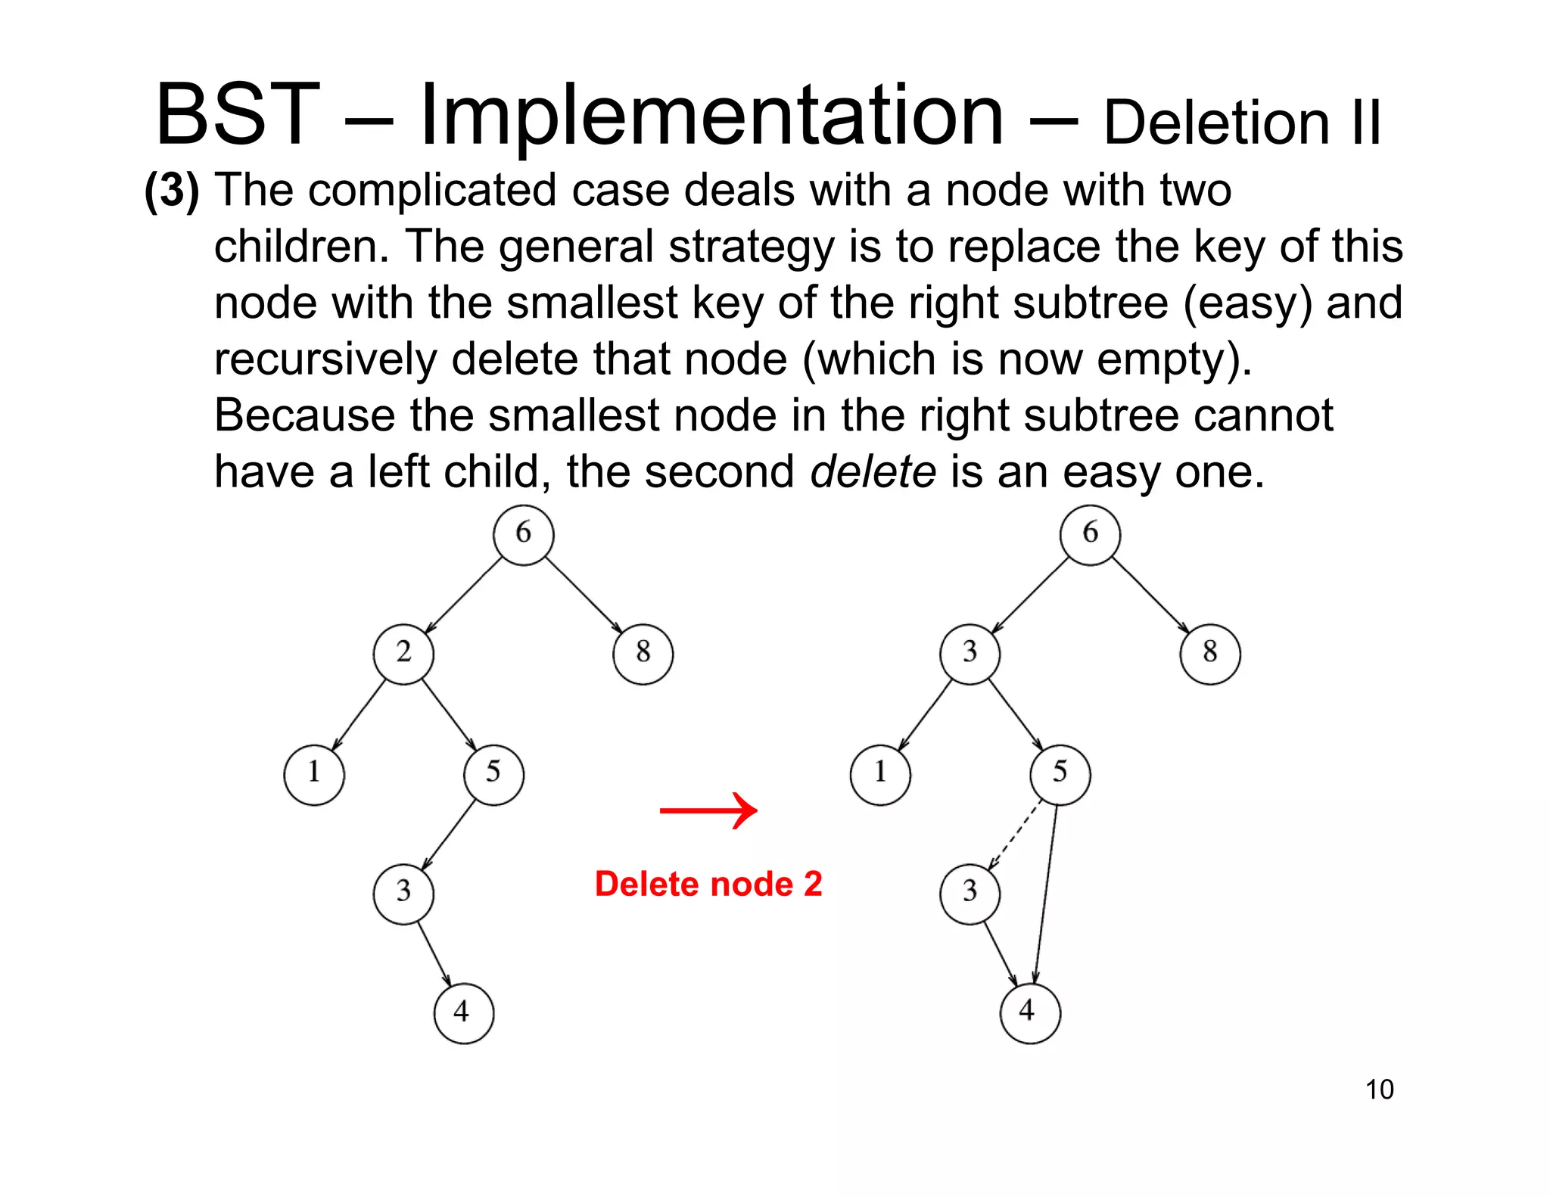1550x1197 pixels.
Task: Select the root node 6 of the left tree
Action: [x=523, y=534]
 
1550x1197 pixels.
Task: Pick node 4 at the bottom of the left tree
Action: [x=463, y=1012]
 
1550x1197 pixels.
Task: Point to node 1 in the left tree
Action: [x=314, y=774]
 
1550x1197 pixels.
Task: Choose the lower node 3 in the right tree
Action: [x=970, y=893]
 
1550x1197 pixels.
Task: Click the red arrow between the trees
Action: [x=708, y=810]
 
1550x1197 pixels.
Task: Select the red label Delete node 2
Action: [x=708, y=884]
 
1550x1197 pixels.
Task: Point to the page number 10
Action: [x=1379, y=1090]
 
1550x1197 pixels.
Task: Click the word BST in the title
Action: [x=237, y=115]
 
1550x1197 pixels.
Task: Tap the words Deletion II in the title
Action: [x=1241, y=123]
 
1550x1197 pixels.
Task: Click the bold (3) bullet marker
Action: [x=172, y=190]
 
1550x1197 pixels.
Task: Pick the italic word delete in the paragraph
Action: [x=873, y=472]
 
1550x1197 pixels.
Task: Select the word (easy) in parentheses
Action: [x=1248, y=303]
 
